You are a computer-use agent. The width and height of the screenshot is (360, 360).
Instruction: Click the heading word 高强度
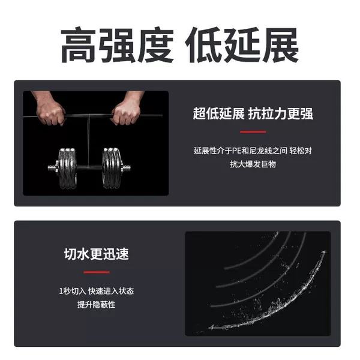(117, 45)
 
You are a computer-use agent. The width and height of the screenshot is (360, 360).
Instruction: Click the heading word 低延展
(242, 45)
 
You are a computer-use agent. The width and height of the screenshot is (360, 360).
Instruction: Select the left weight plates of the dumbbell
(67, 168)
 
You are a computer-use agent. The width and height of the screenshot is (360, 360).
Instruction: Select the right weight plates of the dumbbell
(112, 168)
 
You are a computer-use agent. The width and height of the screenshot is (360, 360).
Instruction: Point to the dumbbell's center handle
(89, 167)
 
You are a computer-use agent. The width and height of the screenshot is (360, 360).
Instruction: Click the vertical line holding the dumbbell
(88, 140)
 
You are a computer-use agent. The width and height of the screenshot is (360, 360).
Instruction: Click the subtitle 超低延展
(218, 113)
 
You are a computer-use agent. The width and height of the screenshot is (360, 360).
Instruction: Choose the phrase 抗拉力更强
(281, 113)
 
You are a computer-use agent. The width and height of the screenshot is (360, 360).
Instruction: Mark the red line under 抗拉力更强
(253, 132)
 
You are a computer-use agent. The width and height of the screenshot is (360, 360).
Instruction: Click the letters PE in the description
(236, 151)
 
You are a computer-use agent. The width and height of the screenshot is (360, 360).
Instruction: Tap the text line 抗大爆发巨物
(253, 164)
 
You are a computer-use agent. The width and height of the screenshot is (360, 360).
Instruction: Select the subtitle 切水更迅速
(97, 254)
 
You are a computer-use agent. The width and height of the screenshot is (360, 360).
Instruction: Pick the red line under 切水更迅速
(97, 272)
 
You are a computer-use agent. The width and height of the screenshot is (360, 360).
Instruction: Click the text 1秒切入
(73, 292)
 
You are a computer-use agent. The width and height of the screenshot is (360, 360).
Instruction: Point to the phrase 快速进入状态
(111, 292)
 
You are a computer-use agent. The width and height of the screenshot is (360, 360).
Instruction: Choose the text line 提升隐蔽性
(97, 305)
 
